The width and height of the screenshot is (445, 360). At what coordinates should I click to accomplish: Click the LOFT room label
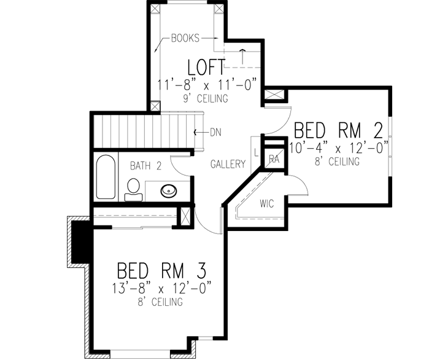coord(202,66)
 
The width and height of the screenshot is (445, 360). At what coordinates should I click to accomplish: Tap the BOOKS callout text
coord(186,37)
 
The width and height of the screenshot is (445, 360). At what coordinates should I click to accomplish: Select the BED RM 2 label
coord(339,131)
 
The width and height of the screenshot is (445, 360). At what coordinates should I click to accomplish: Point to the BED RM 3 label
coord(161,270)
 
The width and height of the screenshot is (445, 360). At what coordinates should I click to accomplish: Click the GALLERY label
coord(228,164)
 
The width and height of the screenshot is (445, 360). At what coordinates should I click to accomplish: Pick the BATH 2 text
coord(145,165)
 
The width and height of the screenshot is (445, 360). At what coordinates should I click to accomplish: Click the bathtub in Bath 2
coord(105,177)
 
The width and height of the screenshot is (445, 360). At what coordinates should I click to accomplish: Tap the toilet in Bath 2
coord(133,189)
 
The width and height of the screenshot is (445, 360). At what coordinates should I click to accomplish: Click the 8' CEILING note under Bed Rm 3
coord(161,302)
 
